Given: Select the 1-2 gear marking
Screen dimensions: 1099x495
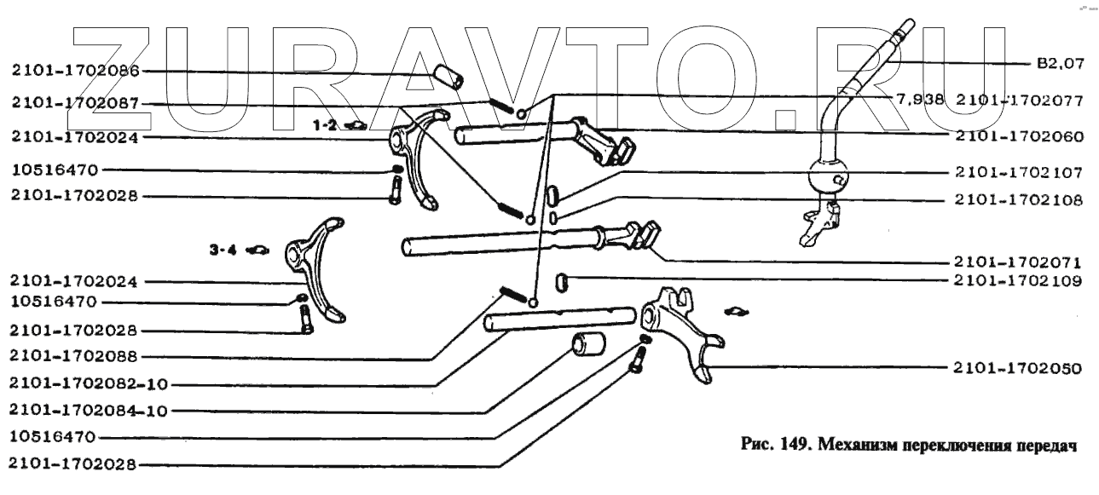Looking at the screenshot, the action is (327, 125).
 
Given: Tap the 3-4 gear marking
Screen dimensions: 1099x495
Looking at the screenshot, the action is (223, 250).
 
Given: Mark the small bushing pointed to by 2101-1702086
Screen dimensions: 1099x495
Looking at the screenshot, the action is (448, 77).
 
